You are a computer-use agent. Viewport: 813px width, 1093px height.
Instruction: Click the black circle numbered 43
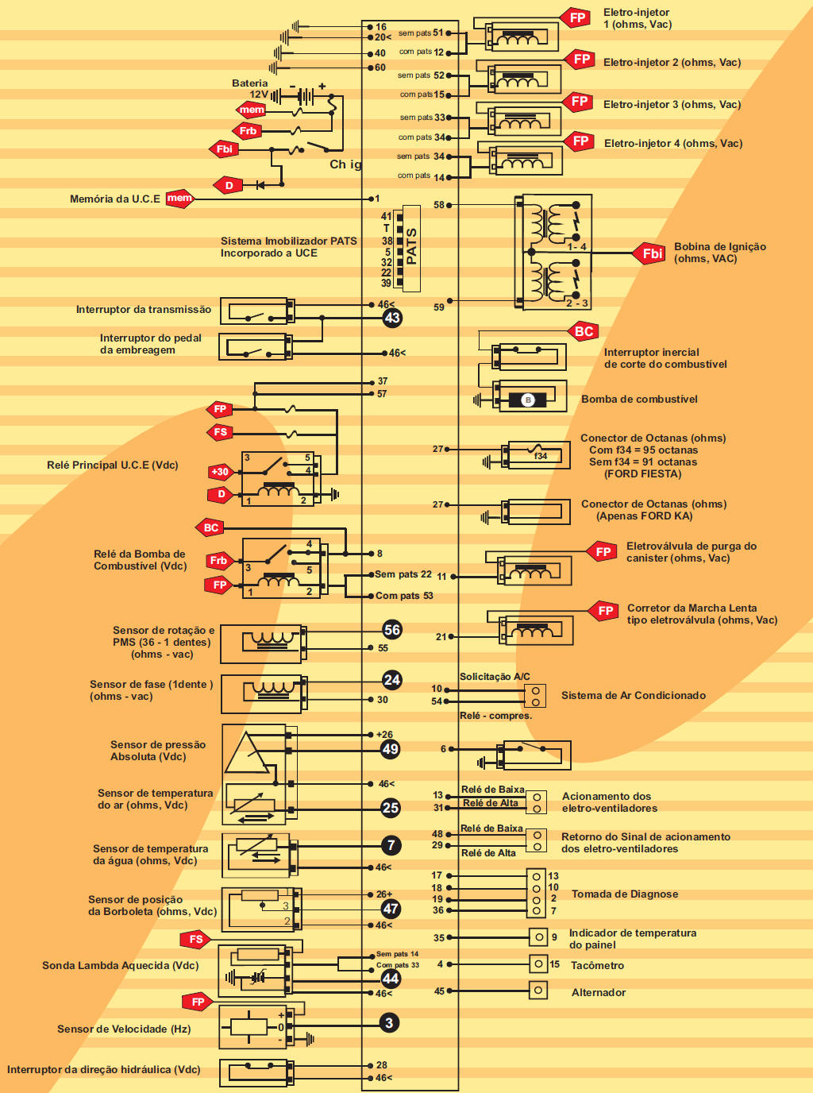click(392, 318)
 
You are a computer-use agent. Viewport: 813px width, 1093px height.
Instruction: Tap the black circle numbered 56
click(392, 630)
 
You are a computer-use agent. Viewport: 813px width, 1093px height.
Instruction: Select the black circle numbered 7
click(391, 845)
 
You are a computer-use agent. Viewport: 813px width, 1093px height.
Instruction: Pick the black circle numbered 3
click(389, 1023)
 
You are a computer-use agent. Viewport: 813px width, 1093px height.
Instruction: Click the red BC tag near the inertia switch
click(584, 331)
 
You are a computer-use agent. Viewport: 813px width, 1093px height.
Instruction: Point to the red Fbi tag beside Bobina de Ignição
click(652, 253)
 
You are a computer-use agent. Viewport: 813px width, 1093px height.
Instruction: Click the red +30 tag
click(220, 472)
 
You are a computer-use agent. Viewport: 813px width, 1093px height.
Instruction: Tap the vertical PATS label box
click(411, 248)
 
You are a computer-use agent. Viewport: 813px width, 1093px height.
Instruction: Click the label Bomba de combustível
click(639, 400)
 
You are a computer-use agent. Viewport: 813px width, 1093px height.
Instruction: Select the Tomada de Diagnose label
click(625, 894)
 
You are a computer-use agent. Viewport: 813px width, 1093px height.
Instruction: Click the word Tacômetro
click(597, 966)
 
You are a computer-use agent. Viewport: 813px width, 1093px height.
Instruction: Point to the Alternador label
click(599, 993)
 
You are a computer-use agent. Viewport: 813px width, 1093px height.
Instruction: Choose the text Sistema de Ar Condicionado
click(634, 696)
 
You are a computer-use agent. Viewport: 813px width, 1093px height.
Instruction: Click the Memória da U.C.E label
click(115, 199)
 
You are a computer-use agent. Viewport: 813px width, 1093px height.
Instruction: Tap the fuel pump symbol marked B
click(528, 400)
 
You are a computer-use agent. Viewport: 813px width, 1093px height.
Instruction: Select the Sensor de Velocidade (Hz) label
click(124, 1029)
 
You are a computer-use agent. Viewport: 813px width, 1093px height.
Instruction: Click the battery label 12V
click(259, 95)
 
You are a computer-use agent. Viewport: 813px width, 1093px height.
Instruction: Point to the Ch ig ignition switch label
click(345, 164)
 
